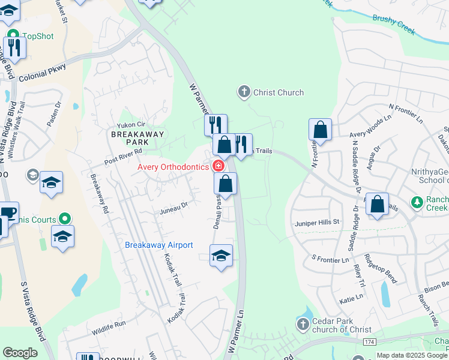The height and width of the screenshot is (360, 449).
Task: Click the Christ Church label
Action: coord(279,92)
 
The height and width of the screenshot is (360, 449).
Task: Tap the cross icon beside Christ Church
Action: coord(244,92)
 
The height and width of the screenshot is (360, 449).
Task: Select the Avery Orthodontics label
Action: coord(172,167)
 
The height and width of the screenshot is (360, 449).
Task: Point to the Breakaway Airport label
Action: coord(158,245)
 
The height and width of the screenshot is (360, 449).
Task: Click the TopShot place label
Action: coord(38,36)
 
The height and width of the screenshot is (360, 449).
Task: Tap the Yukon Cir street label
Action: coord(131,125)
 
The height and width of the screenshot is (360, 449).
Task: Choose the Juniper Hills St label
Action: coord(317,222)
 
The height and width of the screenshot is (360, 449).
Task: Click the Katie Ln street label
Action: coord(351,297)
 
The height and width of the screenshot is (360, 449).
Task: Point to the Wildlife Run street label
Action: coord(109,328)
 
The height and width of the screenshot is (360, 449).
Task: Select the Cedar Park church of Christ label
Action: coord(341,325)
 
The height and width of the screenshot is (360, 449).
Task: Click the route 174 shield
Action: coord(370,341)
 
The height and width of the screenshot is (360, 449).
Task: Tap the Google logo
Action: coord(20,353)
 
